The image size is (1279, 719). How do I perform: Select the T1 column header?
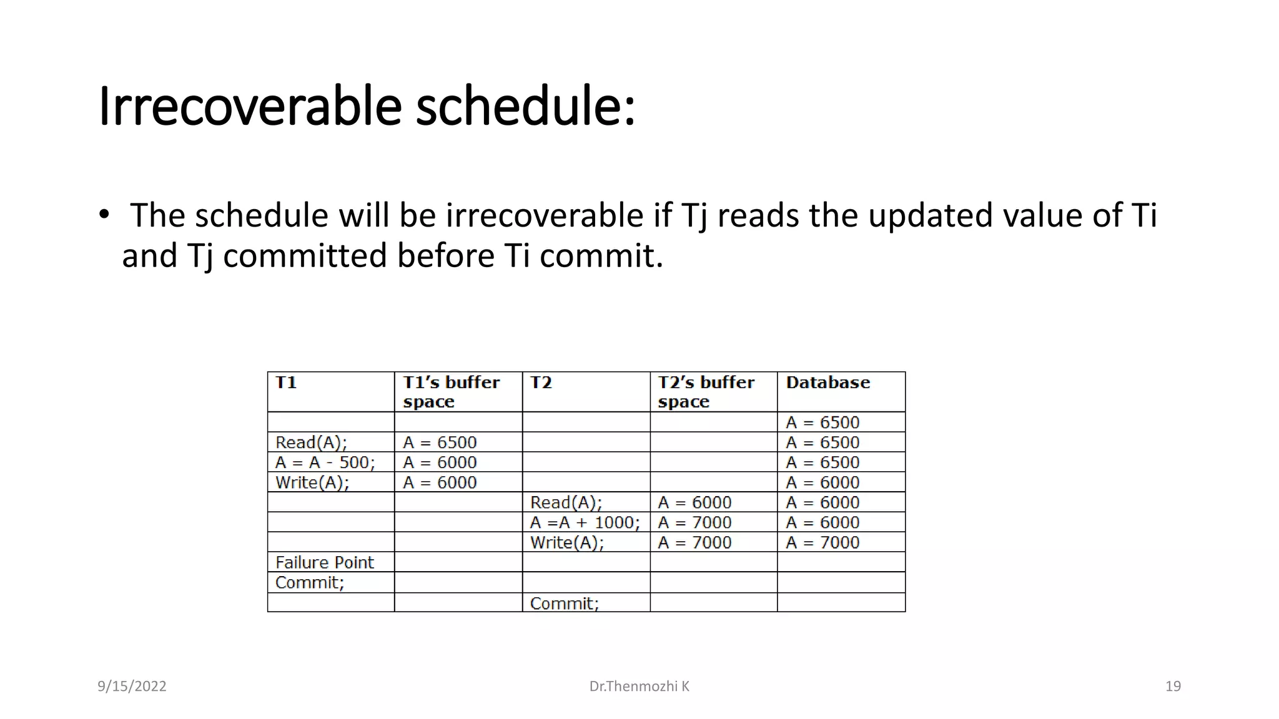click(x=286, y=383)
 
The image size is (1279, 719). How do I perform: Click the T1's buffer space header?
click(x=451, y=392)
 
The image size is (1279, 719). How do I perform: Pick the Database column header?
click(x=827, y=383)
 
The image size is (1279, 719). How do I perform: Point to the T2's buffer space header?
click(x=706, y=392)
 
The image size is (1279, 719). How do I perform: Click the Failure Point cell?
click(x=324, y=562)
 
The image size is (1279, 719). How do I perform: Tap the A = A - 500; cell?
click(x=325, y=462)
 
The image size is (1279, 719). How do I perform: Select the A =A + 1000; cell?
click(x=585, y=522)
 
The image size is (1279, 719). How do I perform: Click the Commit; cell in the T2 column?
click(x=564, y=604)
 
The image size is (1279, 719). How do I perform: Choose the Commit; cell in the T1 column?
click(x=310, y=582)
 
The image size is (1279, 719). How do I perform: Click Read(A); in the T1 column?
click(x=311, y=443)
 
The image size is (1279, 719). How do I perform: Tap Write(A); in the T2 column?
click(x=566, y=542)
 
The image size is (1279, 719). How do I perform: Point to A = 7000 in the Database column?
click(x=822, y=542)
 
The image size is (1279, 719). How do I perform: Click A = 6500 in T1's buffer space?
click(x=440, y=443)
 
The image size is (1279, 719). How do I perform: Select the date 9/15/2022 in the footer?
click(x=132, y=687)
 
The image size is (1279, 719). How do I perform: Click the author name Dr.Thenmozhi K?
click(x=639, y=687)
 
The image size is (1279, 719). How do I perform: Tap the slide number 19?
click(x=1173, y=687)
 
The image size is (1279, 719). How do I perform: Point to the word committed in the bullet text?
click(x=305, y=256)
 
